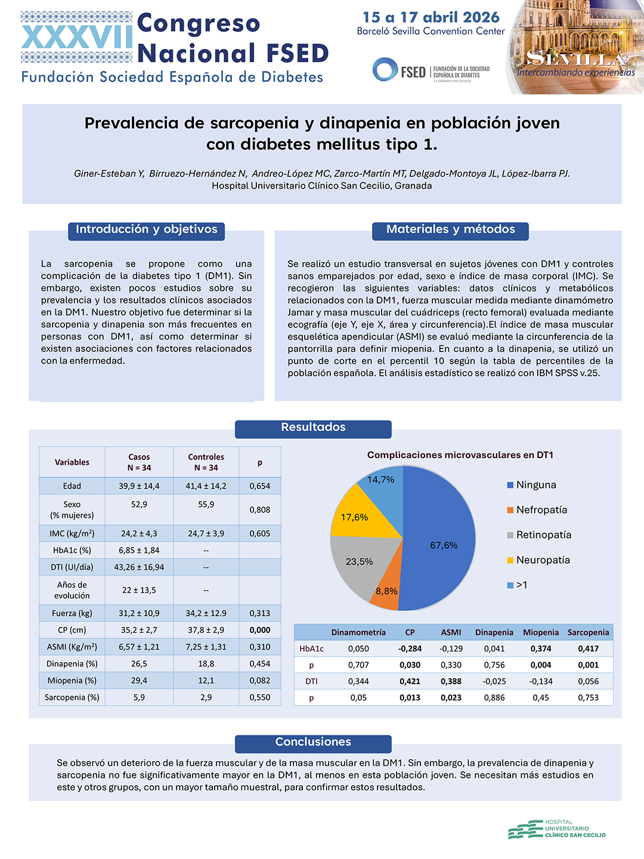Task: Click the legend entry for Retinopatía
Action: point(539,535)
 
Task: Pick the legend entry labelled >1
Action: point(517,585)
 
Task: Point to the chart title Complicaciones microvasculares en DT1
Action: point(460,455)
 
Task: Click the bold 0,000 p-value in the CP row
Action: point(259,630)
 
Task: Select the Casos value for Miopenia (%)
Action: point(139,681)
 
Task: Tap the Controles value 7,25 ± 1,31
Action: point(206,647)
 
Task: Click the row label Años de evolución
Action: point(72,590)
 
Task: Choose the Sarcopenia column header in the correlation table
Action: point(588,632)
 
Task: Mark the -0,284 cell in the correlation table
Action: point(410,648)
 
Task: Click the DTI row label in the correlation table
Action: point(311,681)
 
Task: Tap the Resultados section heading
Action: point(313,427)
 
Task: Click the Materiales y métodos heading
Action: point(450,229)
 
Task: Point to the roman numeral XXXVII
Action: point(77,37)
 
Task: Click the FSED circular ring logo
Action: point(385,70)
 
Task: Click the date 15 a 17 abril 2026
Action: point(431,17)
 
